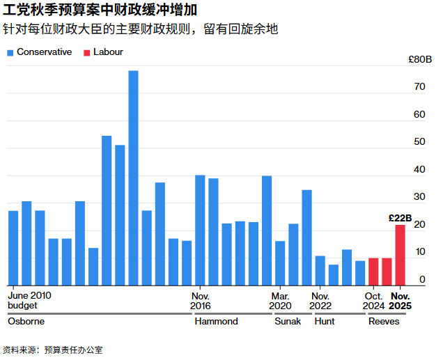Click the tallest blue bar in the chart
tap(133, 178)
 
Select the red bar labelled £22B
tap(400, 255)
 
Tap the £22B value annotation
tap(400, 218)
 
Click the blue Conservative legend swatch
tap(10, 52)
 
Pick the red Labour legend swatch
tap(87, 52)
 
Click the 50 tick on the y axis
tap(419, 142)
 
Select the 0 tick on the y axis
tap(422, 279)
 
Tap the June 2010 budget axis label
tap(29, 300)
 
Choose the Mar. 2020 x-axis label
tap(280, 300)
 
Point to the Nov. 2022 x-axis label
tap(320, 300)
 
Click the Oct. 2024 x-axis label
tap(373, 300)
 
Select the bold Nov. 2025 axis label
tap(400, 300)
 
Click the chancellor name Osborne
tap(26, 322)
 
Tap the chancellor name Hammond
tap(216, 322)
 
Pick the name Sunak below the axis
tap(288, 322)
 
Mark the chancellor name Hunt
tap(325, 322)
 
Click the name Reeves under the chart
tap(384, 322)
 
